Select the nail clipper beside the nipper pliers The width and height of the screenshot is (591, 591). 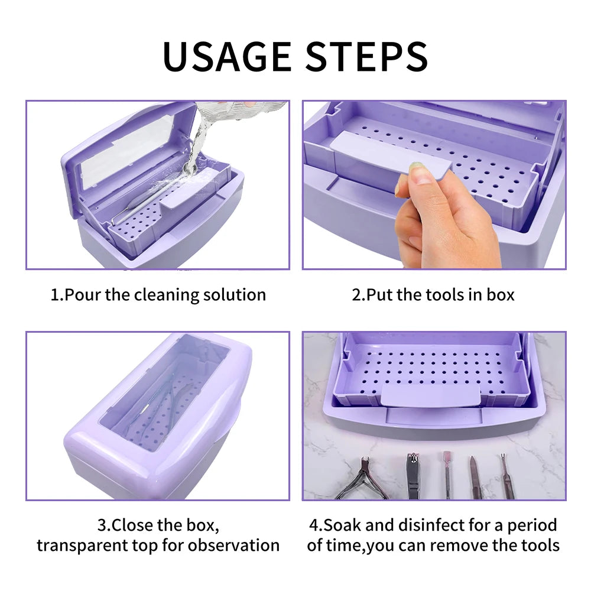click(413, 476)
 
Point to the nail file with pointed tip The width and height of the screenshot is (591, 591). click(476, 476)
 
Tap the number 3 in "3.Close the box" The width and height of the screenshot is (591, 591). click(101, 525)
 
